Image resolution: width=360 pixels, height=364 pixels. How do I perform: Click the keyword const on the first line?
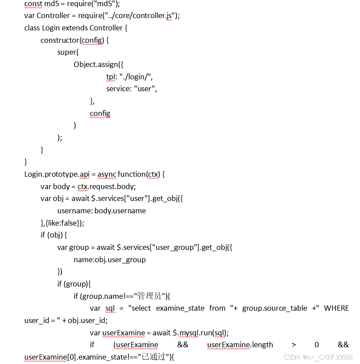click(33, 4)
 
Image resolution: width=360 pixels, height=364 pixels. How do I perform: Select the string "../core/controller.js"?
click(140, 15)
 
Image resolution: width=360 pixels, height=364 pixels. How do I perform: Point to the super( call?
click(68, 52)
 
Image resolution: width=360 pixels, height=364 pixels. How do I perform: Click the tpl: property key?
click(111, 77)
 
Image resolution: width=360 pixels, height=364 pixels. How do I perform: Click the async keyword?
click(107, 174)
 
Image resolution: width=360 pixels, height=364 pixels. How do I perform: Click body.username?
click(120, 211)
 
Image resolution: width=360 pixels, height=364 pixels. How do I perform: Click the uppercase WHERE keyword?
click(336, 308)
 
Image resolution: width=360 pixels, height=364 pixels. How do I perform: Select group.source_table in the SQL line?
click(275, 308)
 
